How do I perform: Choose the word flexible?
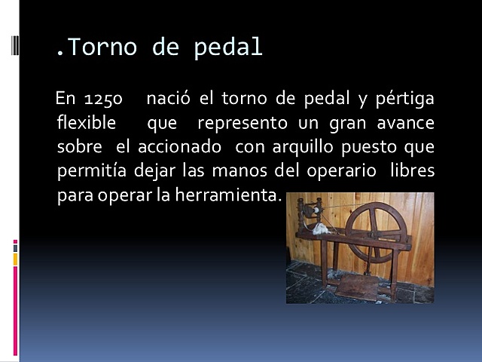(x=87, y=123)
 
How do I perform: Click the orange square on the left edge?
(x=15, y=259)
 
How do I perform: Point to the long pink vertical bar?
(x=15, y=310)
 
